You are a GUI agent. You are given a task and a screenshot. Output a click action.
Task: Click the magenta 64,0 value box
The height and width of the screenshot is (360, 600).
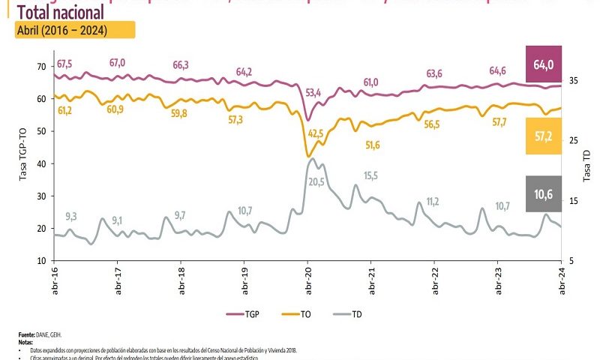coord(543,64)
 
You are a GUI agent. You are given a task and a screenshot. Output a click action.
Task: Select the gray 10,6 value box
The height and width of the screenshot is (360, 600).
coord(543,193)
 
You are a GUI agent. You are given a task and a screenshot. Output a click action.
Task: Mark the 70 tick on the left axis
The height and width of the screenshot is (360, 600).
coord(41,67)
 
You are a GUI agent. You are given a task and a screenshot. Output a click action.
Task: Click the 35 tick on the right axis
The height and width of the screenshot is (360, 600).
coord(574,80)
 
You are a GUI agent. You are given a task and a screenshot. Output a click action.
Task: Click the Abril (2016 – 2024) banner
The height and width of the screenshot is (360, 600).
coord(74,30)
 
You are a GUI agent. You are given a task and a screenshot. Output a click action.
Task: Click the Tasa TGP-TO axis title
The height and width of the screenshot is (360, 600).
coord(22,161)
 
